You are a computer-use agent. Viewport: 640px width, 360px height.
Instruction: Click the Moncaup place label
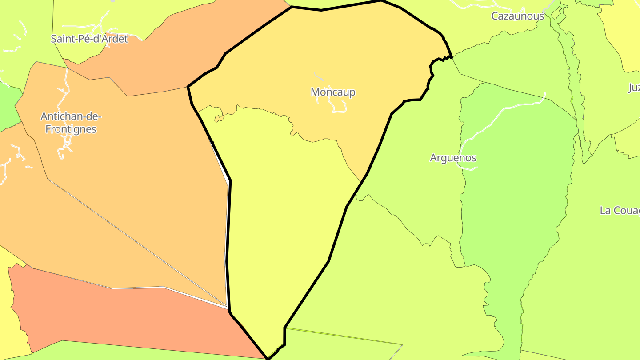[333, 92]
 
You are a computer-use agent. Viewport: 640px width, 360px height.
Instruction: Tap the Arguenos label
[453, 158]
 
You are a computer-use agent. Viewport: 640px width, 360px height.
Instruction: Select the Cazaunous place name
[517, 16]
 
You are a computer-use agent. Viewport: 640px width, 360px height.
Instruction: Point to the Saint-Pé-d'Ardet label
[89, 39]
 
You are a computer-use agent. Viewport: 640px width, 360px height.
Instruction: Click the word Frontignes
[71, 129]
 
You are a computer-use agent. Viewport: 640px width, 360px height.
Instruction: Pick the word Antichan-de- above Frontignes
[71, 116]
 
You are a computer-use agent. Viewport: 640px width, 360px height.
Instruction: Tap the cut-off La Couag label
[620, 210]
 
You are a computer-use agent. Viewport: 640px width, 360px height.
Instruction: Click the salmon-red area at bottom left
[111, 316]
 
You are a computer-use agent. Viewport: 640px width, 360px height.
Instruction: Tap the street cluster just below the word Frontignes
[67, 144]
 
